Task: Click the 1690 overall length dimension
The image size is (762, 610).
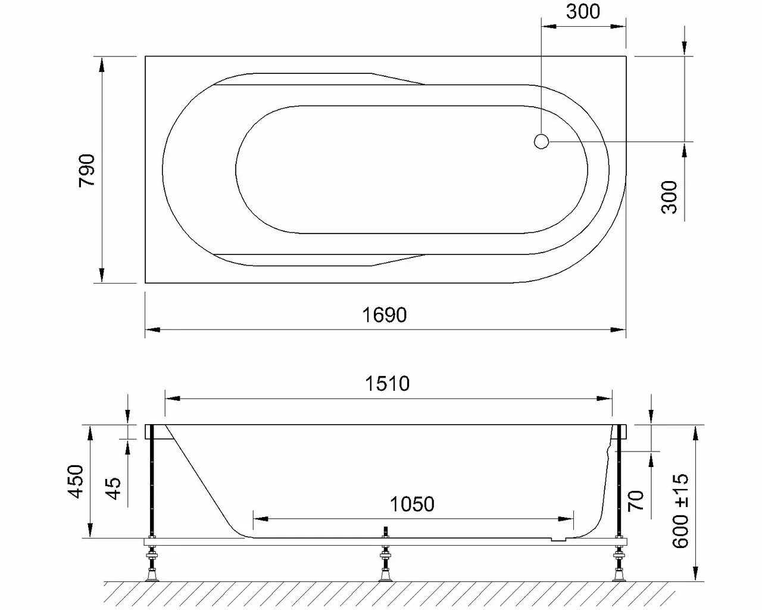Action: pyautogui.click(x=385, y=315)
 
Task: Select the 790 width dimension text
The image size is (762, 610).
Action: pyautogui.click(x=87, y=170)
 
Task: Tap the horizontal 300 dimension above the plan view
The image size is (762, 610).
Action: pyautogui.click(x=582, y=11)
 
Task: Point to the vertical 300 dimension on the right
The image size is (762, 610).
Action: pyautogui.click(x=670, y=197)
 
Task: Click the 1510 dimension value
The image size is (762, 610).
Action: pyautogui.click(x=387, y=384)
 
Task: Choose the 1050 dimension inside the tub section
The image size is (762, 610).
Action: pyautogui.click(x=412, y=505)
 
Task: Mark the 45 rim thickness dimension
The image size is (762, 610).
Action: pyautogui.click(x=113, y=488)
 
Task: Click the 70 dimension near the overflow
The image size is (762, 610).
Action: pyautogui.click(x=636, y=500)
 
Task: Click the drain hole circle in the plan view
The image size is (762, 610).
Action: pyautogui.click(x=541, y=142)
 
